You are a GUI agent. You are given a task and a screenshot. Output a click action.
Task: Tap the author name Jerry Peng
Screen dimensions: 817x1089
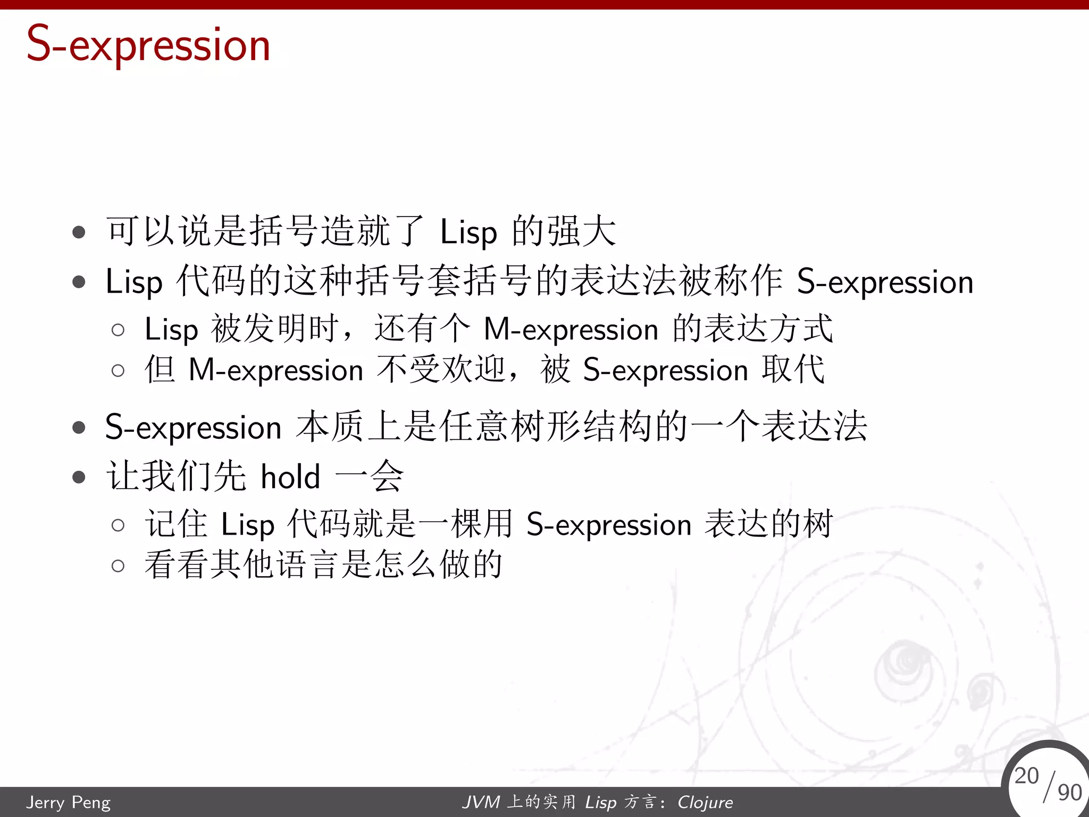click(69, 802)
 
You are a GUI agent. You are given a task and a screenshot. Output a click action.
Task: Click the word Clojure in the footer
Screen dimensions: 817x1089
click(705, 802)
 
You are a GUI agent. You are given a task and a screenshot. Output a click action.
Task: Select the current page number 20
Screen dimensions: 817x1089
click(1026, 776)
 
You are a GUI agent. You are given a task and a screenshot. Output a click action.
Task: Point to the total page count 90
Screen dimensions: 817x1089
click(1069, 793)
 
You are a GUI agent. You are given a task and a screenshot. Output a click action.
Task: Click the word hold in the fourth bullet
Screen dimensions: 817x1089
click(290, 476)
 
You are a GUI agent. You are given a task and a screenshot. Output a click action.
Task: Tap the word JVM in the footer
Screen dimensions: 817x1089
click(481, 802)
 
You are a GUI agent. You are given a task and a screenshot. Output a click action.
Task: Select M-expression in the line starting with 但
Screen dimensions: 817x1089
click(276, 370)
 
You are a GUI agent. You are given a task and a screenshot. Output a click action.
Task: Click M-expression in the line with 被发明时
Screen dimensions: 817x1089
click(571, 330)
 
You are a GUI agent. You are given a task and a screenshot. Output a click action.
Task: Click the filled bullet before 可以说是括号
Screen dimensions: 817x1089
click(79, 232)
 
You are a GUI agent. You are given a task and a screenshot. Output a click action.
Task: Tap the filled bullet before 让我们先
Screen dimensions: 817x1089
click(79, 477)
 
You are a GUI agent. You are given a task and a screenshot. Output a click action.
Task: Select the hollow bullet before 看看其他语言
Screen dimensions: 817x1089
click(118, 565)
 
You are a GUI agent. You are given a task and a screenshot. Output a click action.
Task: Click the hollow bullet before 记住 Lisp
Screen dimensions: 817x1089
click(118, 526)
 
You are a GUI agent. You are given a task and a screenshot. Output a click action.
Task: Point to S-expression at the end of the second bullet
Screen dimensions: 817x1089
click(885, 282)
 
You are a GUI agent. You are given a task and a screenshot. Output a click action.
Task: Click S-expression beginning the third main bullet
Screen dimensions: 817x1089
click(193, 428)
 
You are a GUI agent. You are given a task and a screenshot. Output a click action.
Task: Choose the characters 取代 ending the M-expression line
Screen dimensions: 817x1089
click(793, 369)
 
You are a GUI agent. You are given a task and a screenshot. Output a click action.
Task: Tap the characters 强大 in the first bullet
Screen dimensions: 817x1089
click(582, 231)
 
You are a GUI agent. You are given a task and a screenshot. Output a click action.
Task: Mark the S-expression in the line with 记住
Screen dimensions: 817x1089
click(609, 525)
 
